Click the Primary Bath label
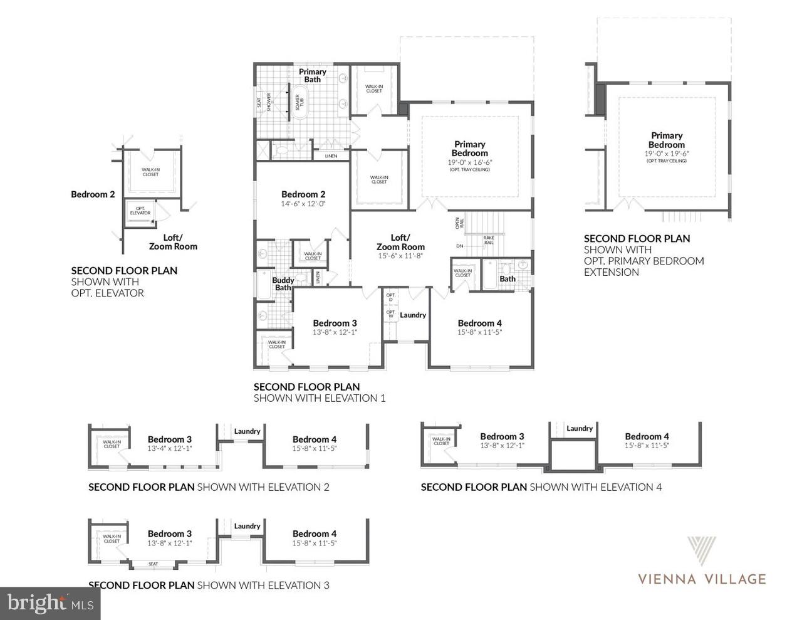click(x=312, y=75)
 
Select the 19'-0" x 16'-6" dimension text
click(x=469, y=162)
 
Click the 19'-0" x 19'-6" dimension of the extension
click(x=667, y=154)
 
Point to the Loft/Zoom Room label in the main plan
click(x=400, y=242)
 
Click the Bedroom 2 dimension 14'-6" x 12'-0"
click(x=303, y=204)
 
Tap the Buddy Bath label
click(x=283, y=284)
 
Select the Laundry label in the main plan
click(x=413, y=315)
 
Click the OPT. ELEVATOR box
click(x=140, y=211)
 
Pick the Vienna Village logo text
click(x=702, y=579)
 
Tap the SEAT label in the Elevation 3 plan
click(x=154, y=564)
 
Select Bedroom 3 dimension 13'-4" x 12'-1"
click(x=169, y=448)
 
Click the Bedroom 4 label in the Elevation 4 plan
click(x=647, y=436)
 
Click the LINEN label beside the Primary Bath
click(x=331, y=156)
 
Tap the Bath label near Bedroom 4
click(x=508, y=279)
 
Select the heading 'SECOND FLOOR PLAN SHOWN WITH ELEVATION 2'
click(x=209, y=487)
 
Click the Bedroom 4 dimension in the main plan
click(x=479, y=332)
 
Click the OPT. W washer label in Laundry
click(x=390, y=314)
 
